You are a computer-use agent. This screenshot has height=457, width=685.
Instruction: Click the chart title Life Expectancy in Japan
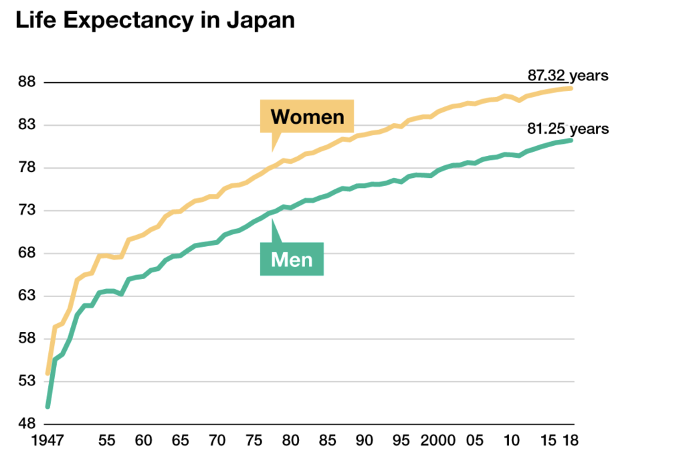[155, 19]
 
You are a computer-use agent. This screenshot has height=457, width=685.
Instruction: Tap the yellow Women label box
[307, 117]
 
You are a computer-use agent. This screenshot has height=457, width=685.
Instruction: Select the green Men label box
[292, 258]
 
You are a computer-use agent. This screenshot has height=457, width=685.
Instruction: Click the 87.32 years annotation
[567, 75]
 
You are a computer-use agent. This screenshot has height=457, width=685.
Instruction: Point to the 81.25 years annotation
[567, 128]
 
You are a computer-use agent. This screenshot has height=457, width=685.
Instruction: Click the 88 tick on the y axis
[27, 82]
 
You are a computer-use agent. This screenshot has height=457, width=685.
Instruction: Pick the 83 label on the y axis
[27, 125]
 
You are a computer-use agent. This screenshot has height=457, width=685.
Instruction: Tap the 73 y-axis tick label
[27, 211]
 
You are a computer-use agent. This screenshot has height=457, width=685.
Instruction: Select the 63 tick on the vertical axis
[27, 296]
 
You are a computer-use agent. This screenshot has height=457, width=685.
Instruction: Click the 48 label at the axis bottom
[27, 424]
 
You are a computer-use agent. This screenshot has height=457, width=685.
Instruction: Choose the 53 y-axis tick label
[27, 381]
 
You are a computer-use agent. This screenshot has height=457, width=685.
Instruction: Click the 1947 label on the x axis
[48, 442]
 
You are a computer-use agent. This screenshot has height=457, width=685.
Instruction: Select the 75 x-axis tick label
[254, 442]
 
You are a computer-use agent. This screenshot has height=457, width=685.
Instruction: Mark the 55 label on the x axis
[106, 442]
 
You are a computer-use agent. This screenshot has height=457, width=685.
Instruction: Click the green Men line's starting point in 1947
[47, 406]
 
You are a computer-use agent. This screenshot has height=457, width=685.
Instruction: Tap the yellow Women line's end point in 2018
[571, 88]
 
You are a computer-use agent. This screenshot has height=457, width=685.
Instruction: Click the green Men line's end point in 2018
[571, 140]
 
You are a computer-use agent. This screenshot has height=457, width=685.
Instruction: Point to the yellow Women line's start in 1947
[47, 373]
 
